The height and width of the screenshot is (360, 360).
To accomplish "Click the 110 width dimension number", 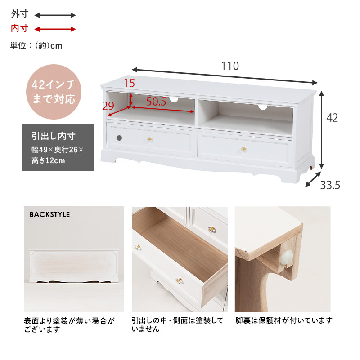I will (230, 66).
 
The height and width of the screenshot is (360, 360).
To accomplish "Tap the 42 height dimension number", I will (332, 118).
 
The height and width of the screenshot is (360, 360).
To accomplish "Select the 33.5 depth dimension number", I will (330, 185).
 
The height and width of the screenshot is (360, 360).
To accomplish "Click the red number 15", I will (129, 83).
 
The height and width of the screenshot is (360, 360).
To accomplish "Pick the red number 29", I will (108, 106).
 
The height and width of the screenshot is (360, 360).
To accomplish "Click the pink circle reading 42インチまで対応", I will (54, 92).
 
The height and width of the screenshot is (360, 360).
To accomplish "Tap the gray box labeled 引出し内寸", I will (58, 148).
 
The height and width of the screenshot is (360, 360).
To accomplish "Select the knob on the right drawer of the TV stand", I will (244, 149).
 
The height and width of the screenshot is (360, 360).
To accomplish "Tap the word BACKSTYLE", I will (49, 215).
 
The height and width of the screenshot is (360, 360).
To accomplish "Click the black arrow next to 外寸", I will (55, 15).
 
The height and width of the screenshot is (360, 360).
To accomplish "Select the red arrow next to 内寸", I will (55, 29).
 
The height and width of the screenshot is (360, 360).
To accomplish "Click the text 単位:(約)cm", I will (36, 46).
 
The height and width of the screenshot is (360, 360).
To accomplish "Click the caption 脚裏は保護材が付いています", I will (284, 320).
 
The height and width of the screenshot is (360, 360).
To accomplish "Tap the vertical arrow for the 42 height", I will (322, 129).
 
